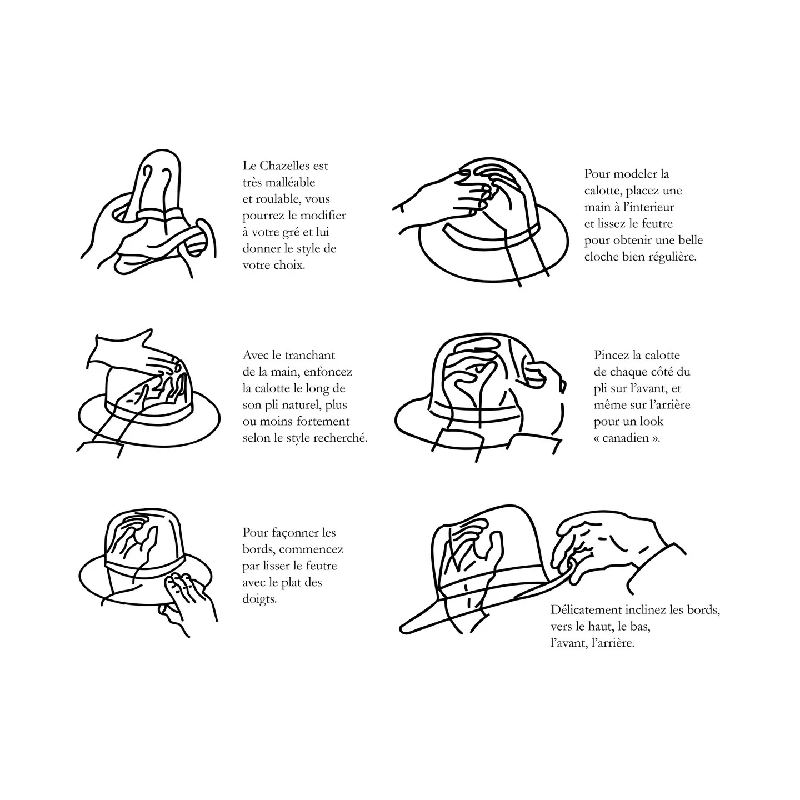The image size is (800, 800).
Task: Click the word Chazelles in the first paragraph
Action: (285, 166)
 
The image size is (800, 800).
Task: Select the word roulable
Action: (278, 199)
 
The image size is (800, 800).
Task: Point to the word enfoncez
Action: (328, 372)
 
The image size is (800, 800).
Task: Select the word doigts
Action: (259, 599)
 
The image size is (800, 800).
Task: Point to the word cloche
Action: (601, 257)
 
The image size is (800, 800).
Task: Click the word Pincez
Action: (611, 355)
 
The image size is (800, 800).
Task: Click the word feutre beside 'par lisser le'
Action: (321, 566)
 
